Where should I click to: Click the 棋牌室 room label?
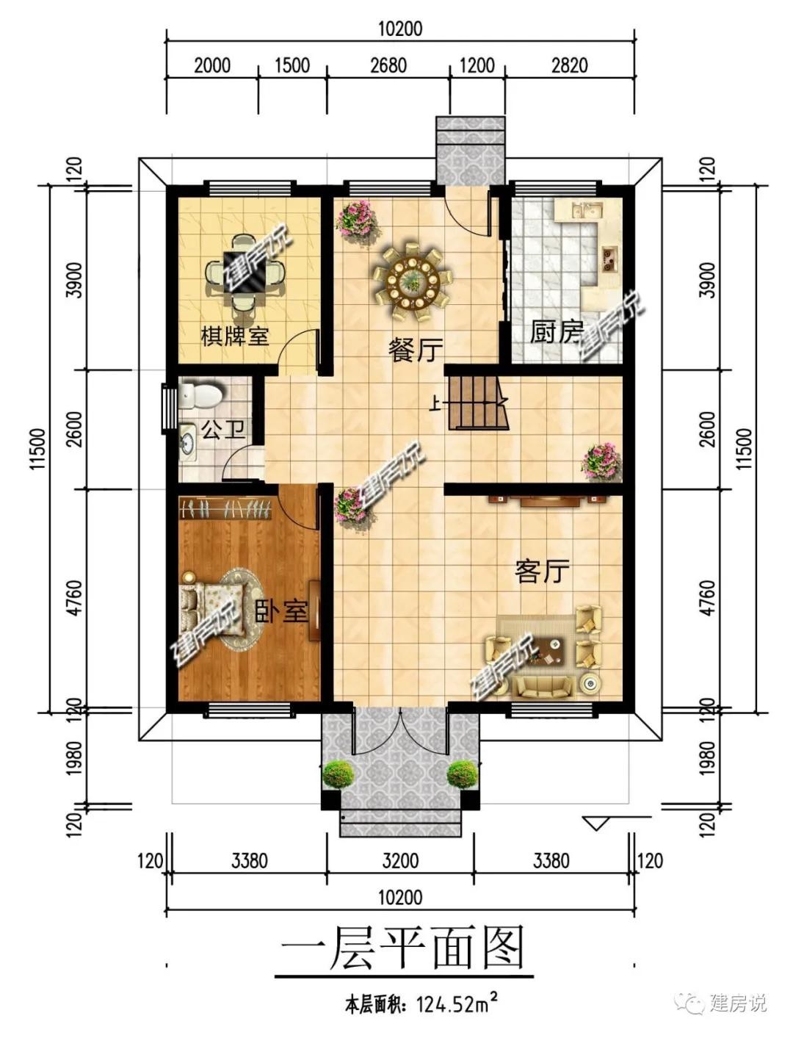[x=235, y=336]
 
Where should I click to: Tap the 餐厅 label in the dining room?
[x=416, y=350]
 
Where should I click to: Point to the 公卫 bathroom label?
[x=223, y=429]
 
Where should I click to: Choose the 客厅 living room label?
[x=542, y=571]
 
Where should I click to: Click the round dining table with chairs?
[x=413, y=282]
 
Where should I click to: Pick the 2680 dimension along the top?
[x=388, y=65]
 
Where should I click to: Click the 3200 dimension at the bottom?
[x=400, y=861]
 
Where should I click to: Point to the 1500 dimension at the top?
[x=292, y=65]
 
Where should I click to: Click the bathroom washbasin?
[x=187, y=443]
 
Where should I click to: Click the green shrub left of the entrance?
[x=338, y=774]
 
